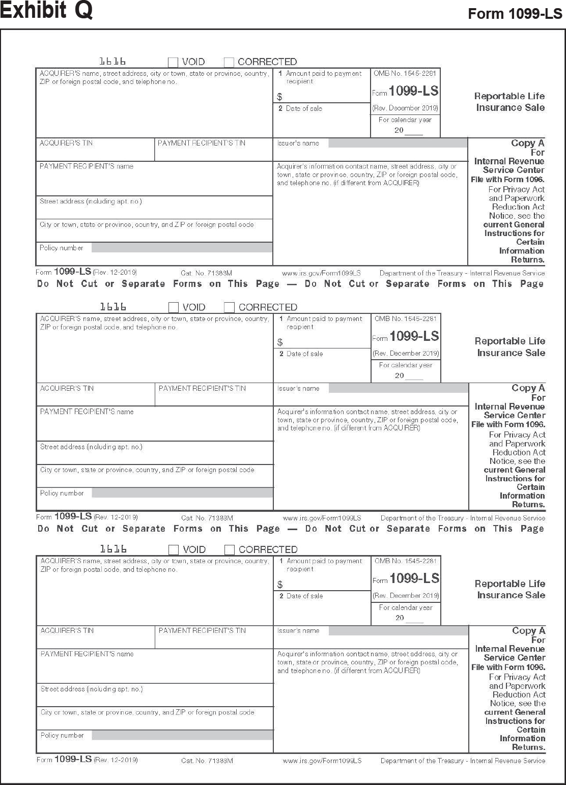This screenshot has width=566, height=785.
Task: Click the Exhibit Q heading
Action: coord(46,10)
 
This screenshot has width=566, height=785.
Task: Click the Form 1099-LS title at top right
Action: coord(515,14)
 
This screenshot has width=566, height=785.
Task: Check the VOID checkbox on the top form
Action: coord(173,62)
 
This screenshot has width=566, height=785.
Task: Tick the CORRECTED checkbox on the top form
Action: coord(229,62)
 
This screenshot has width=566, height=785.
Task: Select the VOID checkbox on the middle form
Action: coord(174,307)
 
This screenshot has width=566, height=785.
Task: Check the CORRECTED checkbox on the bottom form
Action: coord(230,549)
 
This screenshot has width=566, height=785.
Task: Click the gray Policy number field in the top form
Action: coord(182,248)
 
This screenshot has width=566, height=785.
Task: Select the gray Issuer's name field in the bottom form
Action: coord(398,631)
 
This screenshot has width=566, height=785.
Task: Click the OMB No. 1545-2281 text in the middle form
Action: coord(406,319)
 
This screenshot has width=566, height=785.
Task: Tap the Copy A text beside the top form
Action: coord(527,143)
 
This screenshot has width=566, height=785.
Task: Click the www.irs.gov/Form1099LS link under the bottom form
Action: coord(322,761)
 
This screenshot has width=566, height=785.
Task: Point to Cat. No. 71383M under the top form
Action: coord(206,273)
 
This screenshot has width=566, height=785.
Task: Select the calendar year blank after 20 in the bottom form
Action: coord(414,618)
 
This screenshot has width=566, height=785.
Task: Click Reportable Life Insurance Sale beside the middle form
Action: coord(510,347)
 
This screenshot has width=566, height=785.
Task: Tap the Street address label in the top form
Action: coord(91,201)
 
